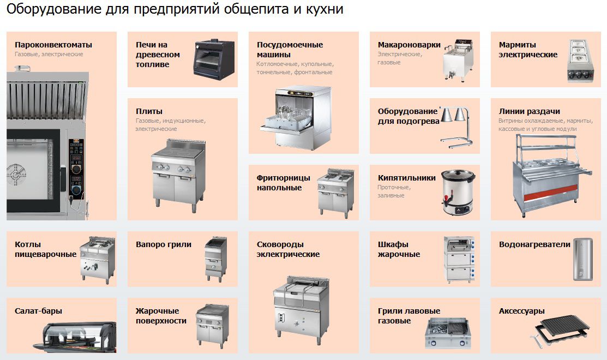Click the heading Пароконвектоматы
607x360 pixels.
(53, 45)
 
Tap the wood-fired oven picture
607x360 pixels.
(214, 59)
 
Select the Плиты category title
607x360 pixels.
(149, 111)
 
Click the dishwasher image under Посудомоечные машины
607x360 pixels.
(296, 118)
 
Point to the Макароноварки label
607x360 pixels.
(409, 45)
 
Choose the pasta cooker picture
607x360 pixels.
(458, 60)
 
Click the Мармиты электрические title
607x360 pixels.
(528, 50)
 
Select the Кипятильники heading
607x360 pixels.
(406, 178)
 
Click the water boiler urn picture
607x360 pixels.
(458, 192)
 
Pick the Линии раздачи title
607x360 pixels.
(529, 111)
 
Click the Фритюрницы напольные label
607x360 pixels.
(284, 183)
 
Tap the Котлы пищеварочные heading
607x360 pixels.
(46, 249)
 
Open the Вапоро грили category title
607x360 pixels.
(164, 245)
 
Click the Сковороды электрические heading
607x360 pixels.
(288, 249)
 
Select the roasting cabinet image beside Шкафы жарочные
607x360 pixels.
(459, 259)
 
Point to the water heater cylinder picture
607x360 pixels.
(582, 259)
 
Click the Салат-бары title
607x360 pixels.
(38, 311)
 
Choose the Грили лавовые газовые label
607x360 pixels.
(409, 316)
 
